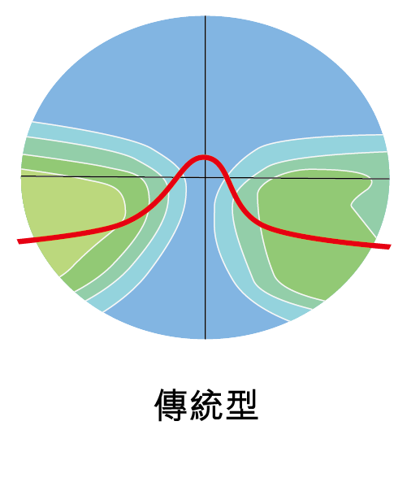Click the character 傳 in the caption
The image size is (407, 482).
[x=171, y=405]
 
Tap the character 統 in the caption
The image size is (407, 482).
[x=206, y=405]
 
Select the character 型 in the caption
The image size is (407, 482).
[x=242, y=405]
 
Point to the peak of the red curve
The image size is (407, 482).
[x=205, y=158]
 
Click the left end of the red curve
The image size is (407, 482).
[x=19, y=241]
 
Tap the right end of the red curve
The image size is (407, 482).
[x=390, y=246]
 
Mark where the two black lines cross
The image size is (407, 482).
[x=206, y=177]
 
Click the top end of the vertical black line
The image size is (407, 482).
[x=206, y=15]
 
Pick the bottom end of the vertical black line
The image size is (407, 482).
[x=206, y=339]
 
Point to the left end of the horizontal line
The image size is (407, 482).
[x=21, y=176]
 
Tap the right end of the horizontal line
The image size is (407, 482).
[x=389, y=179]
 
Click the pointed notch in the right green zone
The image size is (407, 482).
[x=352, y=204]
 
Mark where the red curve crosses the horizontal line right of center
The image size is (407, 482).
[x=227, y=178]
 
